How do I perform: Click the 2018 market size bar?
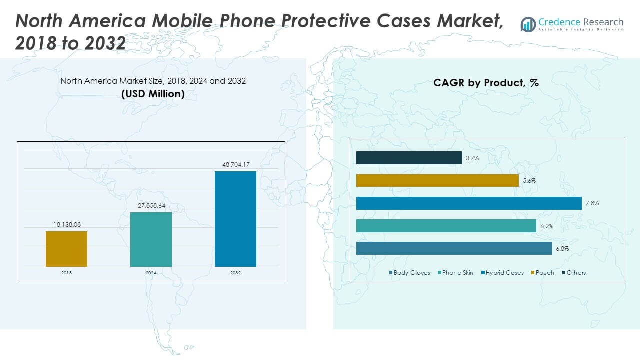pyautogui.click(x=66, y=249)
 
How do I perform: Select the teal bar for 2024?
pyautogui.click(x=151, y=239)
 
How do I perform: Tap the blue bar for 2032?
pyautogui.click(x=235, y=219)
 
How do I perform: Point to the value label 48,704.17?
pyautogui.click(x=236, y=164)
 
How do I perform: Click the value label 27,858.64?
pyautogui.click(x=151, y=205)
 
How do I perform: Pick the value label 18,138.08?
pyautogui.click(x=67, y=225)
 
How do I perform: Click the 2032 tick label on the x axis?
pyautogui.click(x=235, y=273)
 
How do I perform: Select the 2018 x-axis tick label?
pyautogui.click(x=67, y=273)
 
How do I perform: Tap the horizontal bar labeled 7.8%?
pyautogui.click(x=469, y=203)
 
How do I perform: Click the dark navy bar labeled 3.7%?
pyautogui.click(x=409, y=158)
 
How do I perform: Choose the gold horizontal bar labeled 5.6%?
pyautogui.click(x=437, y=180)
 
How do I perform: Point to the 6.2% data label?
pyautogui.click(x=547, y=226)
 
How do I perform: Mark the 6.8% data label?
pyautogui.click(x=562, y=249)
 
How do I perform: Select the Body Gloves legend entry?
pyautogui.click(x=409, y=273)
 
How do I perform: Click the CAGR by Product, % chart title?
pyautogui.click(x=486, y=83)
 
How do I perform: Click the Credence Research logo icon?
pyautogui.click(x=528, y=24)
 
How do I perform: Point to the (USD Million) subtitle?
pyautogui.click(x=153, y=94)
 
